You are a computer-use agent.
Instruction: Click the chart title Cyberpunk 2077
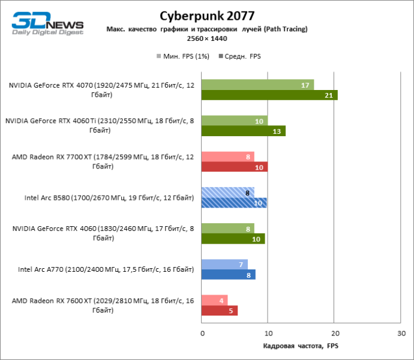pyautogui.click(x=207, y=15)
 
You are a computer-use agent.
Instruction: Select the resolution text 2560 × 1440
pyautogui.click(x=206, y=38)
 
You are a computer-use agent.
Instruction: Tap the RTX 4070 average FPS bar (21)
pyautogui.click(x=269, y=95)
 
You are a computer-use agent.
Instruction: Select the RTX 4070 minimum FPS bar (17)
pyautogui.click(x=257, y=85)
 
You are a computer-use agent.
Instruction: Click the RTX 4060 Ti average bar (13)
pyautogui.click(x=244, y=131)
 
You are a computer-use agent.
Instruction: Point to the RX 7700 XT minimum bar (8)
pyautogui.click(x=228, y=157)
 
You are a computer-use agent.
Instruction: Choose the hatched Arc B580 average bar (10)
pyautogui.click(x=234, y=203)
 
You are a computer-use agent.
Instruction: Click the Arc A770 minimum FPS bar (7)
pyautogui.click(x=225, y=265)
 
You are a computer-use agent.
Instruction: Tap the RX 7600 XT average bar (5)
pyautogui.click(x=220, y=310)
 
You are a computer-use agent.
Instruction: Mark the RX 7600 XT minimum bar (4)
pyautogui.click(x=215, y=301)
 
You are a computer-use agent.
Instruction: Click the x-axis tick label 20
pyautogui.click(x=335, y=333)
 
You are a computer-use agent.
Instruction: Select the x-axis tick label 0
pyautogui.click(x=202, y=333)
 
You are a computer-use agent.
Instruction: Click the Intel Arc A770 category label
pyautogui.click(x=106, y=269)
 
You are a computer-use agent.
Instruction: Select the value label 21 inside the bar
pyautogui.click(x=329, y=95)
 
